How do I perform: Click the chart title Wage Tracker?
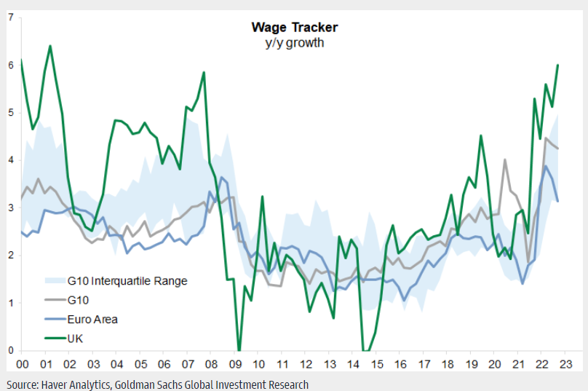tap(294, 28)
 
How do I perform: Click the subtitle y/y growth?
tap(294, 42)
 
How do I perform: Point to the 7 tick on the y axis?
tap(10, 17)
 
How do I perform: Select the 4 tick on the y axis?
tap(10, 160)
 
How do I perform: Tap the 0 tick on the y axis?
tap(10, 350)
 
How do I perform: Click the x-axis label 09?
tap(235, 364)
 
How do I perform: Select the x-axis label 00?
tap(22, 364)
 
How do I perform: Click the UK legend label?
tap(76, 338)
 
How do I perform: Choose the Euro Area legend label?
tap(92, 319)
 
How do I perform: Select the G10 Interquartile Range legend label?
tap(127, 280)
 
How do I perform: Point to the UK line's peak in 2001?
tap(50, 46)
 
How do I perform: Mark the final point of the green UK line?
tap(557, 65)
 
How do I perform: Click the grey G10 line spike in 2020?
tap(505, 159)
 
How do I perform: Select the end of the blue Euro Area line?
tap(557, 202)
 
